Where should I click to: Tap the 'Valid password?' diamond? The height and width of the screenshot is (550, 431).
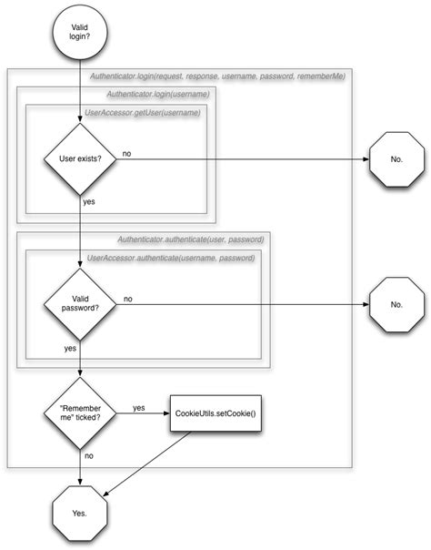point(80,304)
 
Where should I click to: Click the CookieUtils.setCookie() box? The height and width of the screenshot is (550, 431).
point(215,413)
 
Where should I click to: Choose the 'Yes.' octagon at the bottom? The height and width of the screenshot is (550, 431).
point(80,514)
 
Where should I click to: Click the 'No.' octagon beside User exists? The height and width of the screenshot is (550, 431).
point(396,159)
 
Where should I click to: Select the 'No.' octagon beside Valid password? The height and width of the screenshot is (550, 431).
point(396,304)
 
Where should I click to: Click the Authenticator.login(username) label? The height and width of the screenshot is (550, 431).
point(157,94)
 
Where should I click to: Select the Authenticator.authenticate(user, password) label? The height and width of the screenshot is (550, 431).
point(190,239)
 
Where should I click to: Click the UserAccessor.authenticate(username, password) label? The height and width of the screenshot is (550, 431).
point(170,258)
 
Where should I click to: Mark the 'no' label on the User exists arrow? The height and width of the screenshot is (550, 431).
point(125,153)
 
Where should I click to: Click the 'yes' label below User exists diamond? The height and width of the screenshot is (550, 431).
point(89,201)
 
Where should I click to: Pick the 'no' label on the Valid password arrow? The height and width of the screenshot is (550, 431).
point(127,298)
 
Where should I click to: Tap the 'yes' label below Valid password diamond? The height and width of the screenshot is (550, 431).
point(70,348)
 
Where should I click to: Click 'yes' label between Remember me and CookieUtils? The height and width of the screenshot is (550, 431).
point(138,407)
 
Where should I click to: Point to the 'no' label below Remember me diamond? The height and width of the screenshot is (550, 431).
point(89,454)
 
